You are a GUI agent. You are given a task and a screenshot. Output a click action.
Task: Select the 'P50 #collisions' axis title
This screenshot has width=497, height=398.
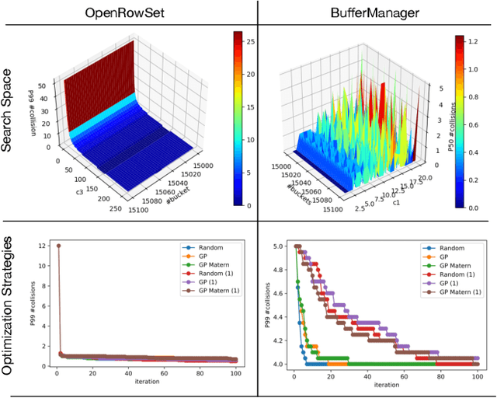tap(454, 124)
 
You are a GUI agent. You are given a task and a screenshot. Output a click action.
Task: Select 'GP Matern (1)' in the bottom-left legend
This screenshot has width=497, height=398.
tap(210, 292)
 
